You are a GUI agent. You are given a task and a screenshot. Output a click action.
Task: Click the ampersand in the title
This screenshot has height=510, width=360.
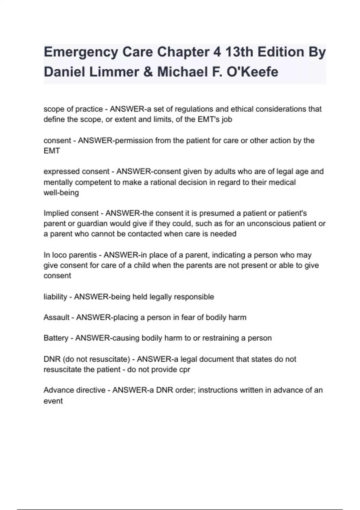pyautogui.click(x=148, y=72)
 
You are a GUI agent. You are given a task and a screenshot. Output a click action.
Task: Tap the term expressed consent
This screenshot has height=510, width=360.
pyautogui.click(x=76, y=172)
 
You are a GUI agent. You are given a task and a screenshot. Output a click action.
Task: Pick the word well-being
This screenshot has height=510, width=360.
pyautogui.click(x=61, y=193)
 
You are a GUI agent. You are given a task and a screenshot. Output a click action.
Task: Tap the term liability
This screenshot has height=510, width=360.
pyautogui.click(x=55, y=297)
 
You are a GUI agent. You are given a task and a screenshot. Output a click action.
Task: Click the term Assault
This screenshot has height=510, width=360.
pyautogui.click(x=56, y=317)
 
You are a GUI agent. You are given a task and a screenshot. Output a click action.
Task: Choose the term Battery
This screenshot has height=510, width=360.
pyautogui.click(x=56, y=338)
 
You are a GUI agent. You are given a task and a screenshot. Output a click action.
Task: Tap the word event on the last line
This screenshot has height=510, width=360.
pyautogui.click(x=53, y=401)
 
